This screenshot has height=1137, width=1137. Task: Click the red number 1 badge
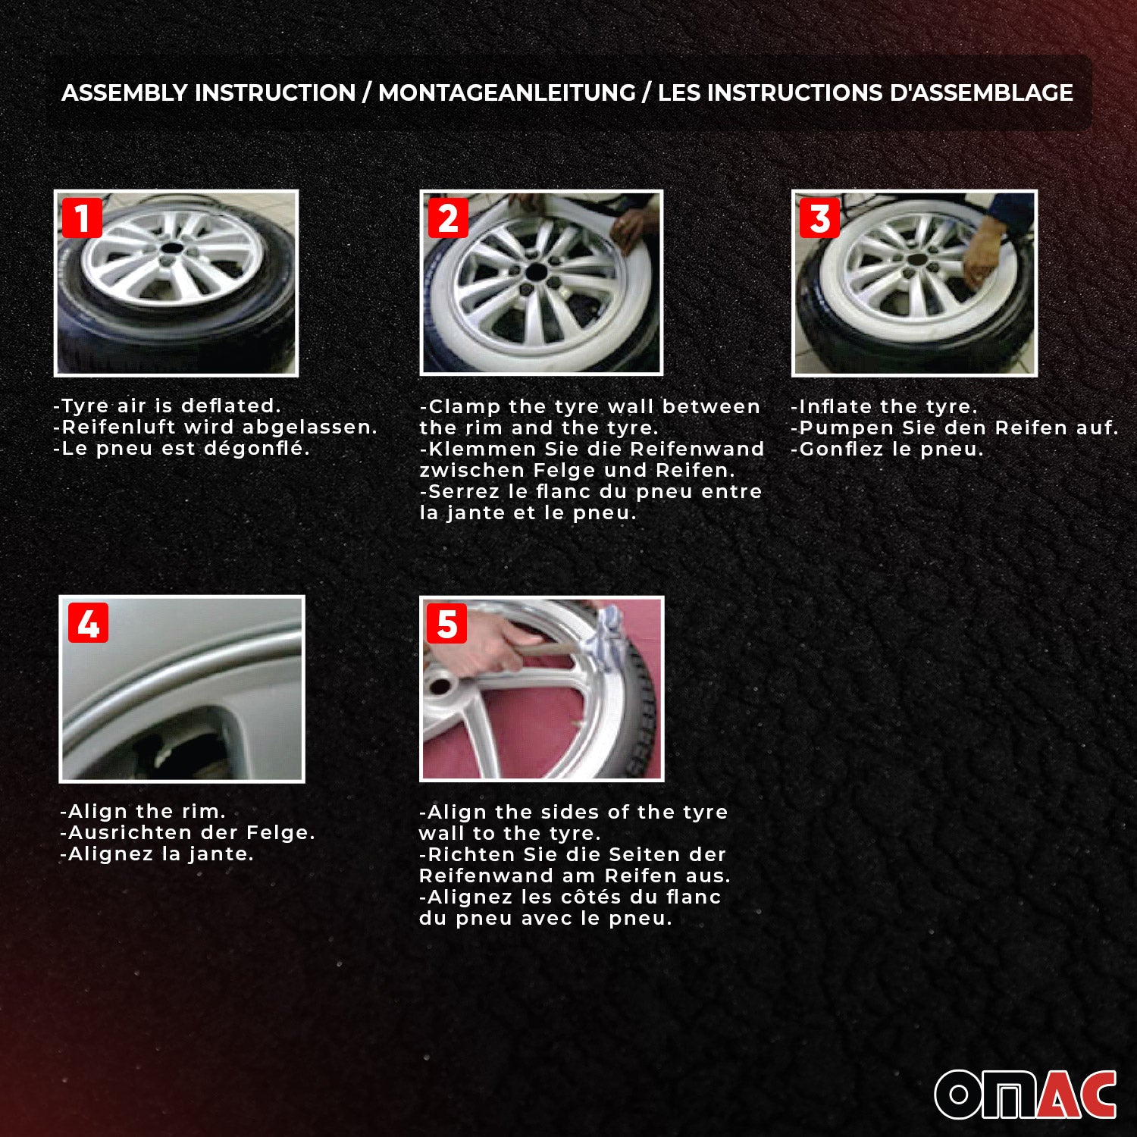coord(82,218)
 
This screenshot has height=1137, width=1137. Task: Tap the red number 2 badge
coord(448,218)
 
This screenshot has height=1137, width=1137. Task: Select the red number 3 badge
coord(819,218)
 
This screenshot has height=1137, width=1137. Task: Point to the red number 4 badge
coord(88,623)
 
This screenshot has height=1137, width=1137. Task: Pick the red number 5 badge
coord(446,623)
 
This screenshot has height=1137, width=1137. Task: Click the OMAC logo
coord(1025,1094)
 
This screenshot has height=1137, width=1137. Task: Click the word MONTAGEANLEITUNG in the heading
coord(506,92)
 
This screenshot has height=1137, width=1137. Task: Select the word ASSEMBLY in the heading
coord(124,92)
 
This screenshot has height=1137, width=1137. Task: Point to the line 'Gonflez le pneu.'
coord(887,449)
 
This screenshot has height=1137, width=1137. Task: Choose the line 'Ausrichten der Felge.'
coord(187,832)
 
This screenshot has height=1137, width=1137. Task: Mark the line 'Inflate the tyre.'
coord(884,406)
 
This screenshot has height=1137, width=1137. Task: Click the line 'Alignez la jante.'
coord(157,854)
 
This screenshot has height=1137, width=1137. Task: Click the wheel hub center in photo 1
coord(173,250)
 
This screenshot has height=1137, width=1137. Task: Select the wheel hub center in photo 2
coord(537,273)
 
